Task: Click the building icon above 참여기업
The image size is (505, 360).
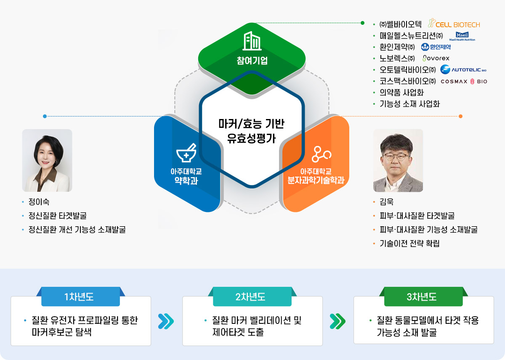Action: (252, 41)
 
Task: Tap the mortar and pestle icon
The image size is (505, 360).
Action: (186, 154)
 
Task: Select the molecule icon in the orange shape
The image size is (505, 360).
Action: (322, 155)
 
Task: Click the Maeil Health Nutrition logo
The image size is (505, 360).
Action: (462, 36)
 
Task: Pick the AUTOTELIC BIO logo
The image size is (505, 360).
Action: (463, 69)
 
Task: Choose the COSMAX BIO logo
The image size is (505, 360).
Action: (464, 81)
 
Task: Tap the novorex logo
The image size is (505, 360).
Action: (436, 58)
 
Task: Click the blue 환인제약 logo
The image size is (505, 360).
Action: (436, 47)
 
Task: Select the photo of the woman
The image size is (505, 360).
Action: (47, 160)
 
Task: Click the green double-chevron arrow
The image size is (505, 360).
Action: (338, 321)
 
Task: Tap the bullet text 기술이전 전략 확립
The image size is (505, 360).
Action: (409, 244)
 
